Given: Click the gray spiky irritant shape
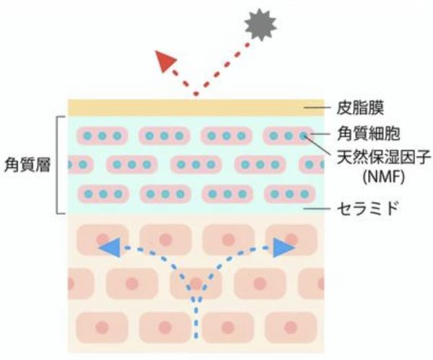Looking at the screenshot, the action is click(261, 25).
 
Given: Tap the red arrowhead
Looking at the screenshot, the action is click(165, 61).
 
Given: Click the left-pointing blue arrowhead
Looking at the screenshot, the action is click(110, 247).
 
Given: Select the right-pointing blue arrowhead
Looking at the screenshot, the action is click(284, 247).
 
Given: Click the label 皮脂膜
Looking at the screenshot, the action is click(360, 107).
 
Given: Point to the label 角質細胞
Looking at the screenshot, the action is click(368, 133).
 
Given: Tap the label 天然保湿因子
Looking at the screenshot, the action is click(384, 157).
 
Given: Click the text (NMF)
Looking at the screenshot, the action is click(384, 177).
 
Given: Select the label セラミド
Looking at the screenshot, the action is click(368, 208).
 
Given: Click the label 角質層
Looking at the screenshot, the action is click(27, 165).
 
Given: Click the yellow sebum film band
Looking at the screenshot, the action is click(196, 107).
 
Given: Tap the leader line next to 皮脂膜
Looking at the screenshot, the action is click(318, 107).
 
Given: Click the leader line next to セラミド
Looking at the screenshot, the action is click(317, 208).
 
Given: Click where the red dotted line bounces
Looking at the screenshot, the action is click(196, 94).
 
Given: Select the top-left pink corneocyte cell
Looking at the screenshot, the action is click(102, 136).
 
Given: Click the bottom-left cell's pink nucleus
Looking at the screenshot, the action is click(102, 328).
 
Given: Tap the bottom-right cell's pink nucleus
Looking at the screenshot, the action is click(290, 328).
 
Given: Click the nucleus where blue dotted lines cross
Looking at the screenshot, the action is click(196, 284).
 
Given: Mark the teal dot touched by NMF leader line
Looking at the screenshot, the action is click(304, 136).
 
